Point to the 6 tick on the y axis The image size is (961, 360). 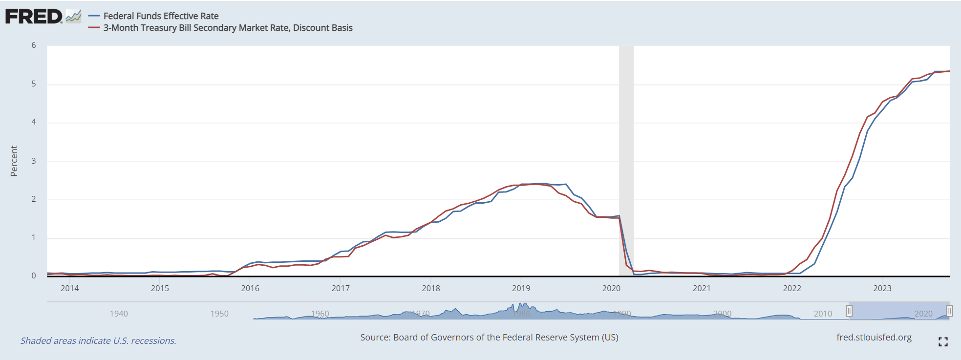(x=34, y=45)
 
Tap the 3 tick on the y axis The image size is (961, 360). (x=34, y=161)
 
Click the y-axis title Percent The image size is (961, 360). (x=14, y=161)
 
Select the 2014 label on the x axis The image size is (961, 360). (x=69, y=288)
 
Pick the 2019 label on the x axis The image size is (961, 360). (x=521, y=288)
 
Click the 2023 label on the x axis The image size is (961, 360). (x=882, y=288)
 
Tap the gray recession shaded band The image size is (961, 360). (x=626, y=147)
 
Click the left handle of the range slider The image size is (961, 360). (x=849, y=311)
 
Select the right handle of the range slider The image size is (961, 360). (x=949, y=311)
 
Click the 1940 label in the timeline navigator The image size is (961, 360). (x=119, y=314)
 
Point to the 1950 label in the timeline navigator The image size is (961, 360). (x=219, y=314)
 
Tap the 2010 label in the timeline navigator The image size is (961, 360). (x=823, y=314)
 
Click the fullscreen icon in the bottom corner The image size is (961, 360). (x=943, y=342)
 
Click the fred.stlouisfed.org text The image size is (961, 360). (x=874, y=338)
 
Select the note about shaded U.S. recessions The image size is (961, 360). (x=98, y=340)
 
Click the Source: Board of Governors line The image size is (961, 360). (x=489, y=338)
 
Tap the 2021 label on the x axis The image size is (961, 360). (x=702, y=288)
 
